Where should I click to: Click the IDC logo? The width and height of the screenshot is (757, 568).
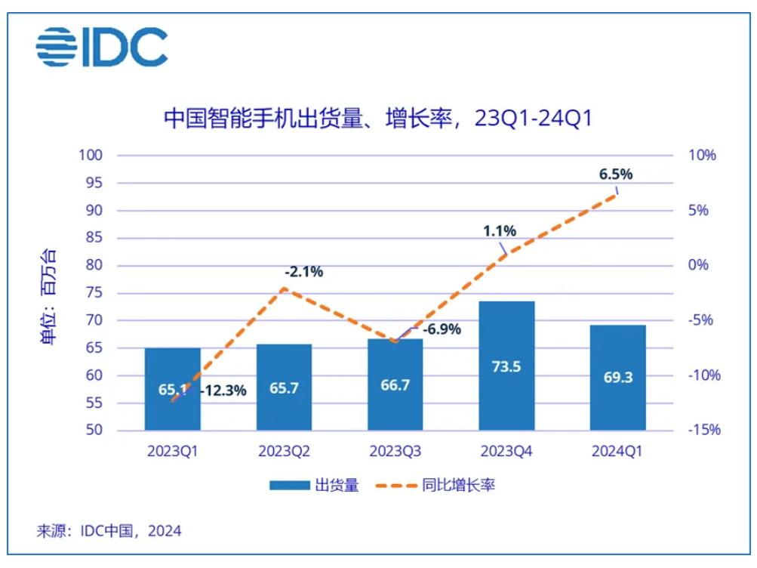[x=102, y=47]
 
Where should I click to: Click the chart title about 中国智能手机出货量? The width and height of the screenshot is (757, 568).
[x=377, y=119]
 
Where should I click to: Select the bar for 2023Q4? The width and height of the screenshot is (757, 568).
[x=506, y=366]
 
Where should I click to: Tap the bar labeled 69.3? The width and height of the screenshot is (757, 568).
[x=617, y=378]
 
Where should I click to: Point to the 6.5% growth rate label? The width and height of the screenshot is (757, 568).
[x=615, y=174]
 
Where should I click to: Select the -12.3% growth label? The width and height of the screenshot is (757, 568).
[x=223, y=390]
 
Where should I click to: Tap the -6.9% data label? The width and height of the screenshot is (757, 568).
[x=441, y=330]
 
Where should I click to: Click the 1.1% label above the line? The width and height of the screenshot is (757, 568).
[x=500, y=231]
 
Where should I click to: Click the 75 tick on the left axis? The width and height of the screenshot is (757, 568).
[x=96, y=293]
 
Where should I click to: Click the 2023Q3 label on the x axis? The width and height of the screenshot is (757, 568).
[x=395, y=452]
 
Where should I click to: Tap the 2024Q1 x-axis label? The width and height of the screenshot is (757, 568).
[x=617, y=452]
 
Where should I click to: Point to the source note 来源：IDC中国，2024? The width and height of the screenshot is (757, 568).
[x=109, y=532]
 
